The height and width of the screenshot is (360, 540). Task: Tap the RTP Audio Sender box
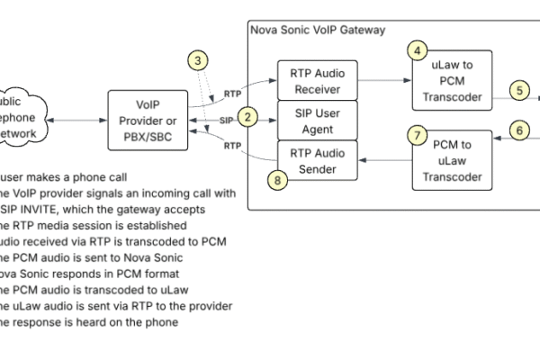click(318, 159)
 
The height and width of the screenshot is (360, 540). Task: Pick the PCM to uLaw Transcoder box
click(452, 159)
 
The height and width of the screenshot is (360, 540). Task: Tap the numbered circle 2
click(251, 116)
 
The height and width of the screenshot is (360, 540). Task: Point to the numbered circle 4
click(416, 51)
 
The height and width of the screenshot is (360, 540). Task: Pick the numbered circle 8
click(280, 180)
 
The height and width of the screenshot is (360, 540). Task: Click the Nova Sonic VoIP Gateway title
click(317, 30)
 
